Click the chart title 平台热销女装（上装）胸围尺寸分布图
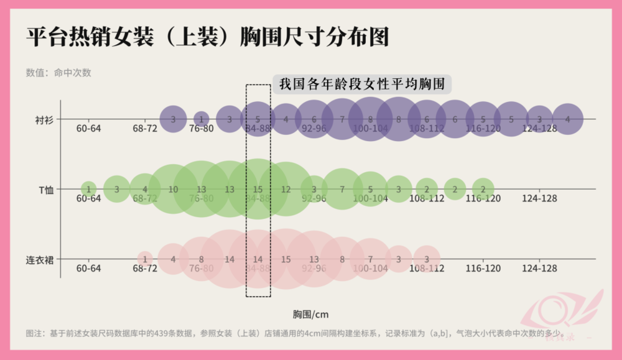click(x=208, y=37)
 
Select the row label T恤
click(x=45, y=189)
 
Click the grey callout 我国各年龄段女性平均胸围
click(x=361, y=84)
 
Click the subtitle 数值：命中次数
click(x=58, y=72)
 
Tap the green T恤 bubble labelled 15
click(x=258, y=189)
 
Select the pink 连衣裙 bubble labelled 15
click(x=286, y=259)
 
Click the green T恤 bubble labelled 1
click(x=89, y=189)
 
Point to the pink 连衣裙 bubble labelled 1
click(x=145, y=259)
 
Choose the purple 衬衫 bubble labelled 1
click(x=202, y=119)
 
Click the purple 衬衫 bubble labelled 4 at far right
click(x=567, y=119)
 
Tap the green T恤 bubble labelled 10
click(x=174, y=189)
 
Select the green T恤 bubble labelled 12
click(x=286, y=189)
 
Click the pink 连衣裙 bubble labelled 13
click(x=314, y=259)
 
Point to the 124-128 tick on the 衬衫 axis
click(x=539, y=129)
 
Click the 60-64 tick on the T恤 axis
click(x=88, y=199)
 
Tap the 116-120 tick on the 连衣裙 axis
click(x=483, y=269)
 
